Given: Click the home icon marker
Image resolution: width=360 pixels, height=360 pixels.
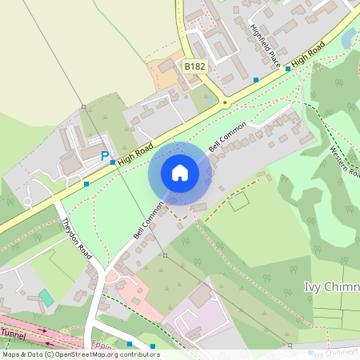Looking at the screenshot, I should pos(180,173).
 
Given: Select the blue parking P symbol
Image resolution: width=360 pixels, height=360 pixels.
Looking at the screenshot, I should pos(105,156).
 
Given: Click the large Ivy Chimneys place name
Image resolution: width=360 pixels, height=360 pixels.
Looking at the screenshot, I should pos(332,286).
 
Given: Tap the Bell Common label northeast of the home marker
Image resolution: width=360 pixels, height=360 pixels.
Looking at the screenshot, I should pos(225,136).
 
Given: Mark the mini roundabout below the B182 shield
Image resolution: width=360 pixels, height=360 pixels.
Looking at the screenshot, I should pos(225,102).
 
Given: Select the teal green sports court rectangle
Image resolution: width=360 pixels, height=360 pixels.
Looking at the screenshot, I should pos(46,298).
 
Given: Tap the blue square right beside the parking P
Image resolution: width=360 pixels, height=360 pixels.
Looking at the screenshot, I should pos(113,161).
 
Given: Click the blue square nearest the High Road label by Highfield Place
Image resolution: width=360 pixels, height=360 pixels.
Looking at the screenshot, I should pos(289,69).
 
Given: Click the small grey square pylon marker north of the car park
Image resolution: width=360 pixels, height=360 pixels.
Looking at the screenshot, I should pos(83,106).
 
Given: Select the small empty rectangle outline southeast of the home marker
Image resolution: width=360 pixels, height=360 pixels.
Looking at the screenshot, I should pos(238,201).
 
